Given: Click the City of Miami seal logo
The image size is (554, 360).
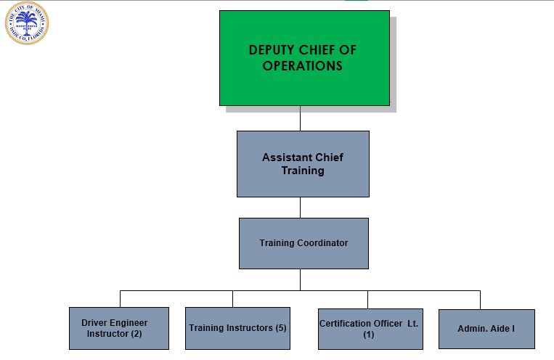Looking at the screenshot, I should pos(27,24).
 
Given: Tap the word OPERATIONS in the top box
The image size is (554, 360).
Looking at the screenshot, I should pos(303,66).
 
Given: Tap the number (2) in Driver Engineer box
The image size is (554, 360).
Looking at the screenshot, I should pos(136,334).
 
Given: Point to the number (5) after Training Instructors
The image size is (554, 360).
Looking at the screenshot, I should pos(281,328).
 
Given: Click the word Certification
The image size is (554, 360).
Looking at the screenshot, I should pos(346,323).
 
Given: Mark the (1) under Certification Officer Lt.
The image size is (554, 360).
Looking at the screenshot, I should pos(369,335).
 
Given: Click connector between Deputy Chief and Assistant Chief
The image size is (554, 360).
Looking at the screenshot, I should pos(301,118).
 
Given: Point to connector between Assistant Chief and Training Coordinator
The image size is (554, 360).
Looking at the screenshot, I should pos(301,208).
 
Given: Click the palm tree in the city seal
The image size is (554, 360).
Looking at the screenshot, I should pos(27,22).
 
